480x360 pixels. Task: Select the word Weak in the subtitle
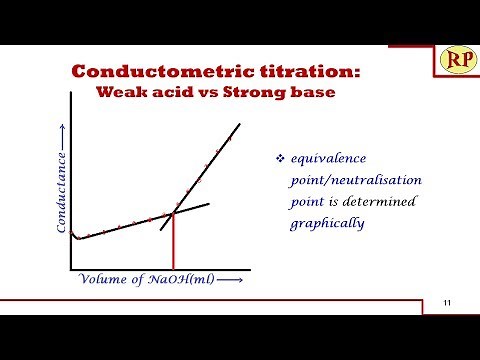[118, 94]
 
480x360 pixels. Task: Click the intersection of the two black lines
[175, 213]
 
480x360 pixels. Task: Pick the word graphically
[326, 223]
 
